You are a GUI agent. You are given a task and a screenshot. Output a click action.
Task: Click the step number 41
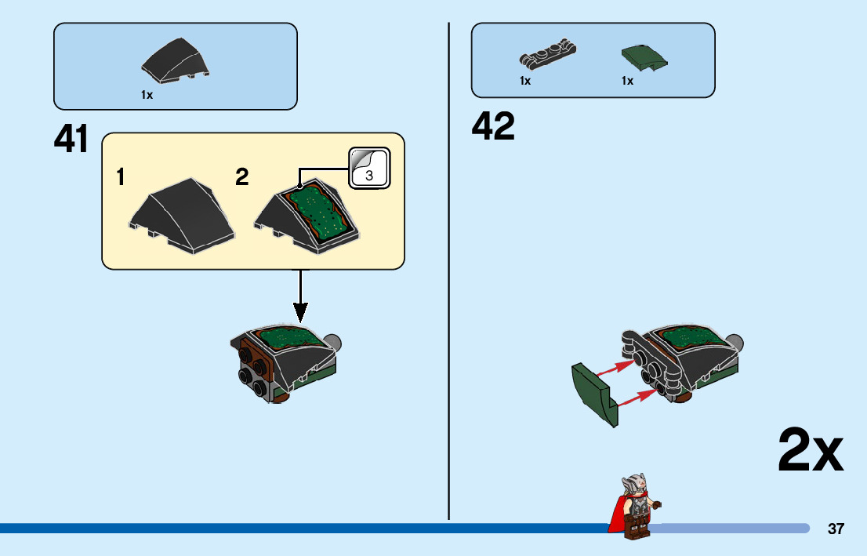[x=71, y=140]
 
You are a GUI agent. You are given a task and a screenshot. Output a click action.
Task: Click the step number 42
[x=493, y=126]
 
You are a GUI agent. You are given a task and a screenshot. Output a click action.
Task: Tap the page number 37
[x=836, y=529]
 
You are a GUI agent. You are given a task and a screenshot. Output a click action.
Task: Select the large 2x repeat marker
[x=810, y=451]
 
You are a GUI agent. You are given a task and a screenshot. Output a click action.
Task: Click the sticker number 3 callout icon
[x=368, y=168]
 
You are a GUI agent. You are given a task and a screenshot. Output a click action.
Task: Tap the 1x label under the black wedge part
[x=147, y=95]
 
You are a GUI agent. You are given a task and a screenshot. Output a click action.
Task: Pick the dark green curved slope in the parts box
[x=643, y=57]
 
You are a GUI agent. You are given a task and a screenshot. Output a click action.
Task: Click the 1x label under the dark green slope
[x=627, y=81]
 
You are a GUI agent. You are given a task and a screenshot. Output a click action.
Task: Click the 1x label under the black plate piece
[x=525, y=81]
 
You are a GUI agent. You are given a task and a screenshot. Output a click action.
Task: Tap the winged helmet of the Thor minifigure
[x=633, y=480]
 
